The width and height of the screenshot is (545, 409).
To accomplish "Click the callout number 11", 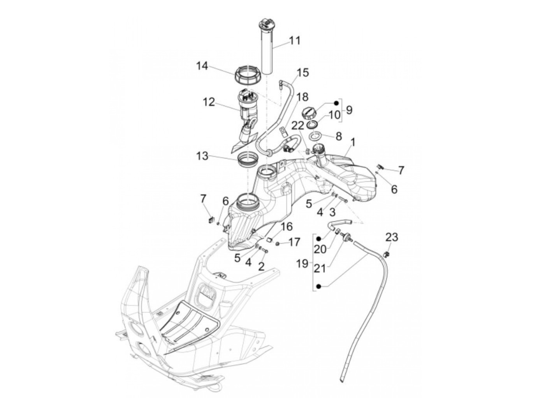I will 295,40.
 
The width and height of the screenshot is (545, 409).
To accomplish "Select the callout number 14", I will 202,66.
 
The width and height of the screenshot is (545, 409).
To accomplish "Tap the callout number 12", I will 209,102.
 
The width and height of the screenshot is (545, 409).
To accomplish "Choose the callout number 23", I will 392,237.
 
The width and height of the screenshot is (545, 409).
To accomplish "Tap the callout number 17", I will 294,242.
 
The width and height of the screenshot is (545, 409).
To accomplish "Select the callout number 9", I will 349,110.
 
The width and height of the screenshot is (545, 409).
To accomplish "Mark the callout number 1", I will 352,142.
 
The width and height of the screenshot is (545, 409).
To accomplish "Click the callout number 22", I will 298,126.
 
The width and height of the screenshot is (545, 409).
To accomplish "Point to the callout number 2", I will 262,266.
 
